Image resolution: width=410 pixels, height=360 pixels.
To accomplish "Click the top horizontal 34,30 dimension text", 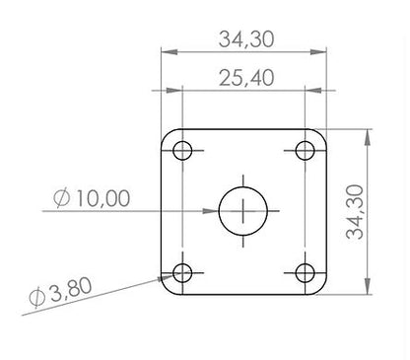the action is tap(246, 39).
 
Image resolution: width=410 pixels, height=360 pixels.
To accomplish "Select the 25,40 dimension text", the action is tap(246, 78).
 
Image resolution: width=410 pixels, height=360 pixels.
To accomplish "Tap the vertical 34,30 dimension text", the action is tap(355, 212).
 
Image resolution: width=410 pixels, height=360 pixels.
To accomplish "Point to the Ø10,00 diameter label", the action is tap(92, 198).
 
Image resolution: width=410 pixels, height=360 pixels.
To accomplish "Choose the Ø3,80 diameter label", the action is tap(60, 292).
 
